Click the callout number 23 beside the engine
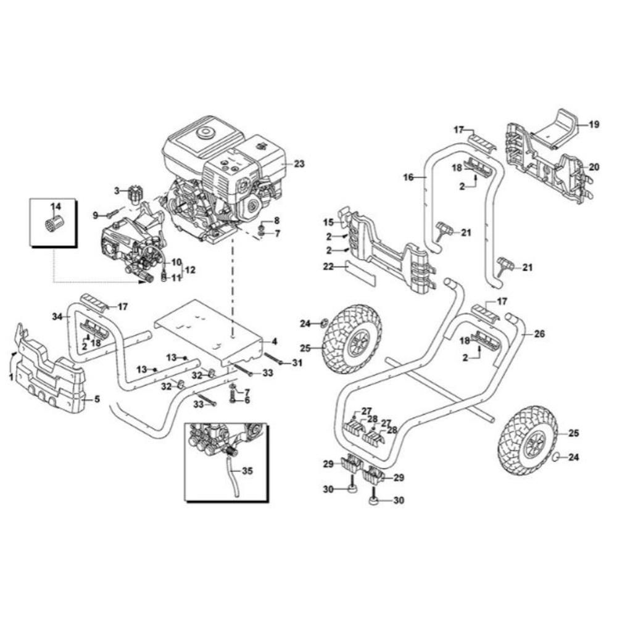(300, 164)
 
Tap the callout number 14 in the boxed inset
(56, 205)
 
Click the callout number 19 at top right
(594, 124)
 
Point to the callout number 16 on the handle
(408, 177)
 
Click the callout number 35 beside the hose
(247, 471)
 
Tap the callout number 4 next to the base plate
(275, 341)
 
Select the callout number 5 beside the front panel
(96, 399)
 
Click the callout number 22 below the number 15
(329, 267)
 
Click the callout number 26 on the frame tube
(539, 334)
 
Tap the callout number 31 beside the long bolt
(298, 363)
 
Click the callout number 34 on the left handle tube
(57, 317)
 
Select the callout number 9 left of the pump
(96, 215)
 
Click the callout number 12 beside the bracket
(190, 270)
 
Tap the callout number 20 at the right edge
(594, 167)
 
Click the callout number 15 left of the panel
(329, 222)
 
